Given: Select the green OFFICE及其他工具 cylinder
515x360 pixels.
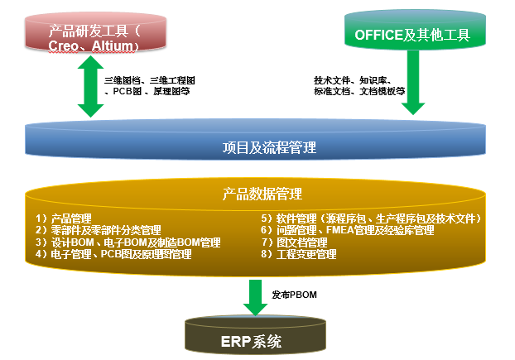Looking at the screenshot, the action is click(415, 29).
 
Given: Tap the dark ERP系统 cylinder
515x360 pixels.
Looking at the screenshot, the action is click(255, 335).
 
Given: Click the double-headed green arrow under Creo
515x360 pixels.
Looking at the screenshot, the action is click(90, 86).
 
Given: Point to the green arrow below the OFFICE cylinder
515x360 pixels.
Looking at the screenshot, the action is click(413, 82).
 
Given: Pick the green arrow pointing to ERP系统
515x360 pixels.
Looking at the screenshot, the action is click(255, 297).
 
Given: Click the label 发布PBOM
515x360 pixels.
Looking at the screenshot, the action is click(294, 295).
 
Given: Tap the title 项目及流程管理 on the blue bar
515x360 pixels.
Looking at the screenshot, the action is click(269, 147).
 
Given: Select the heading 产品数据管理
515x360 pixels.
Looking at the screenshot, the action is click(262, 194).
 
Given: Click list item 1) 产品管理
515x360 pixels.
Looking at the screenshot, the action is click(64, 218).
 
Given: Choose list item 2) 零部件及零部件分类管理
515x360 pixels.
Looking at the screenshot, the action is click(99, 230).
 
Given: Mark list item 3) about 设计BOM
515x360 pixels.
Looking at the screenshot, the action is click(128, 242).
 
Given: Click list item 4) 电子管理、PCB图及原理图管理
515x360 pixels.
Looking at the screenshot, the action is click(113, 254).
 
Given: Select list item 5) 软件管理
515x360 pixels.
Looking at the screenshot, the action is click(371, 218).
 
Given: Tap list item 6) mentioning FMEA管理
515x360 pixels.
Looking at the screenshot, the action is click(348, 230).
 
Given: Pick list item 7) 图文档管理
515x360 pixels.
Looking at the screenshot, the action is click(295, 242).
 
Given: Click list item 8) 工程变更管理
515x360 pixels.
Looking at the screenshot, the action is click(299, 254).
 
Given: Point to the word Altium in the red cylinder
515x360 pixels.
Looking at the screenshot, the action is click(113, 46).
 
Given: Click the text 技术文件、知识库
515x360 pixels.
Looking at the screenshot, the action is click(350, 80).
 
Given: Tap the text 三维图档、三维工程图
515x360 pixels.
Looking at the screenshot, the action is click(150, 80).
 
